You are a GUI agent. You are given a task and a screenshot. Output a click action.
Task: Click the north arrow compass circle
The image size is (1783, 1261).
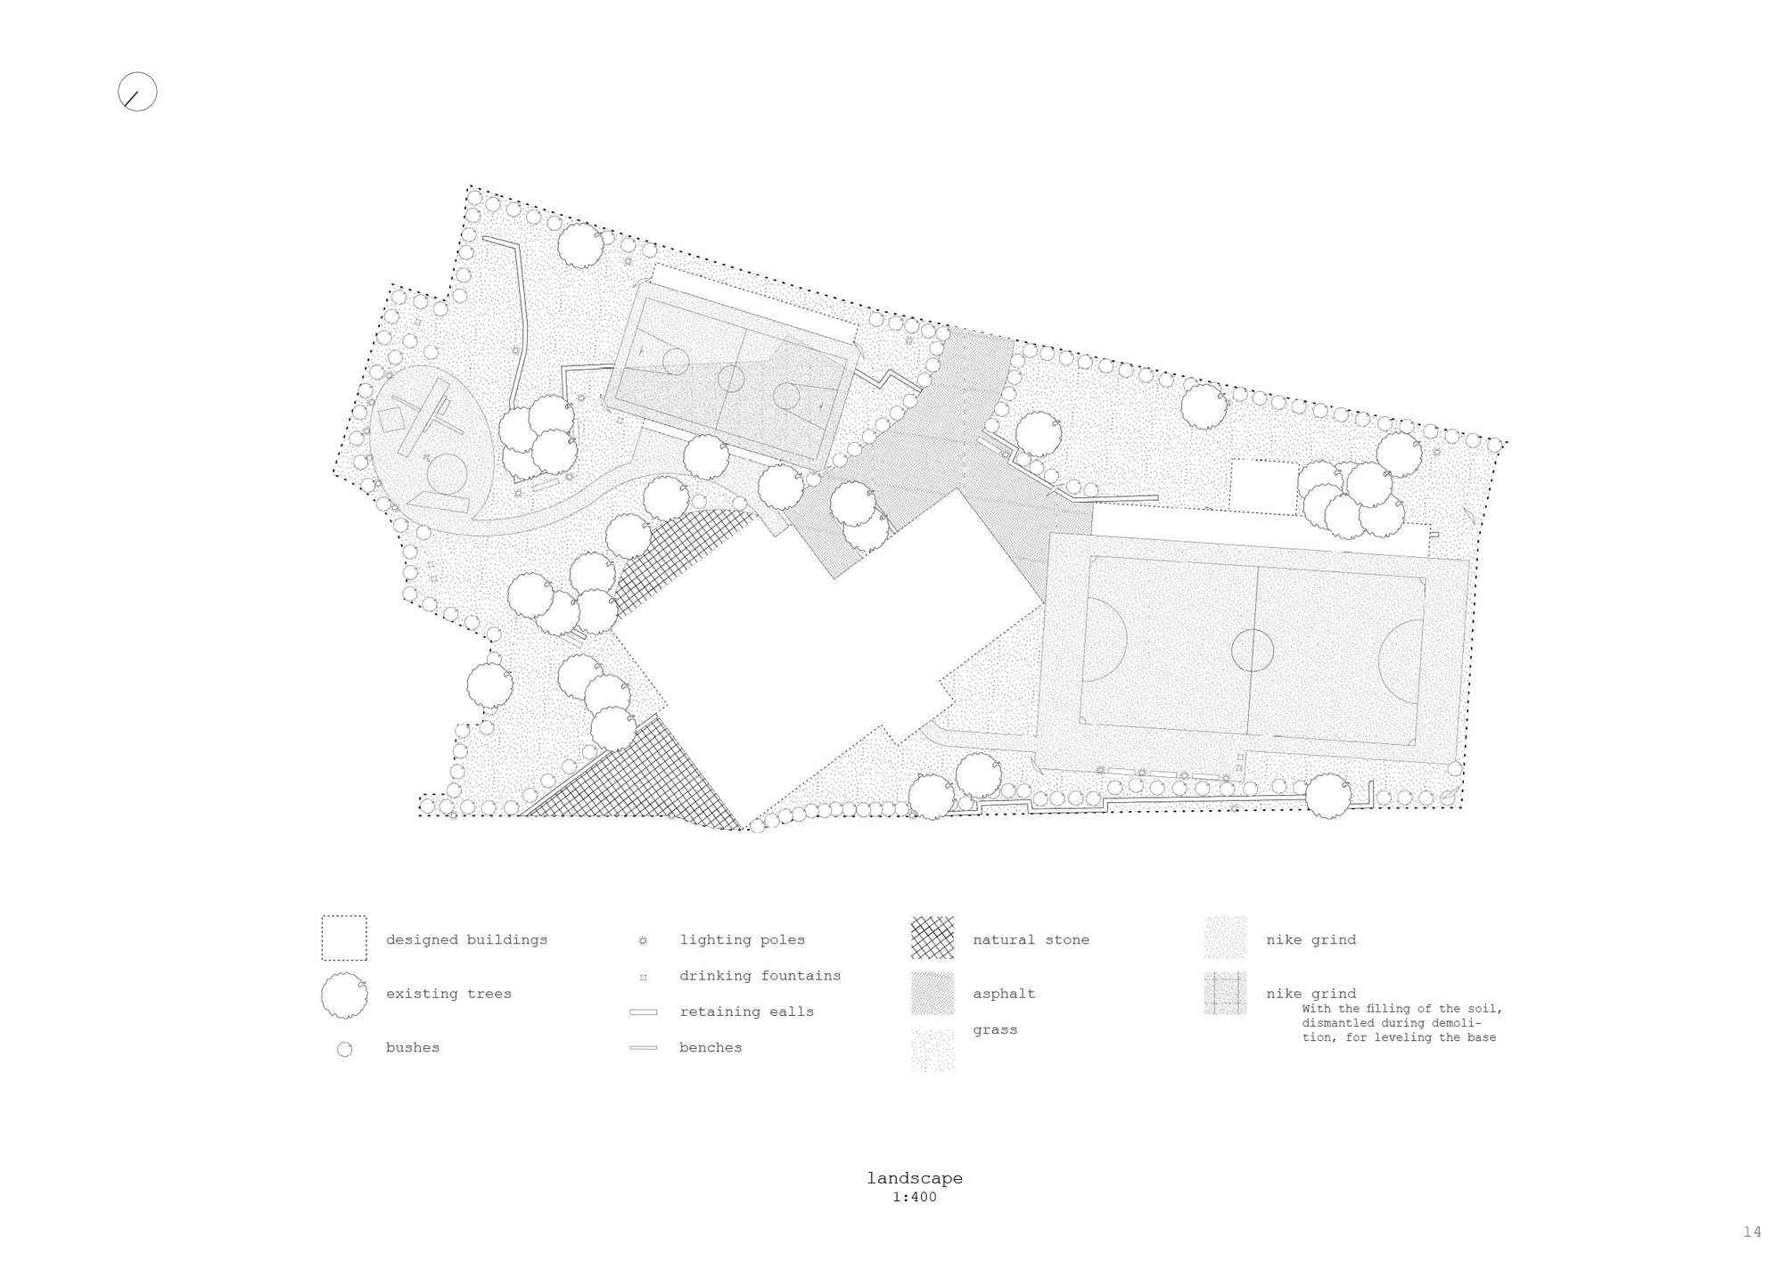pyautogui.click(x=137, y=92)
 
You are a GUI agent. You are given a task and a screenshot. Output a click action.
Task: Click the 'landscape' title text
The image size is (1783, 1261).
pyautogui.click(x=915, y=1178)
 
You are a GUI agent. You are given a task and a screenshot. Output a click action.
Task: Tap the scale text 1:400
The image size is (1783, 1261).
pyautogui.click(x=915, y=1198)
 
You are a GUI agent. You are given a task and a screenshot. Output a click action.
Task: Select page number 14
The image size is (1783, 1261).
pyautogui.click(x=1752, y=1232)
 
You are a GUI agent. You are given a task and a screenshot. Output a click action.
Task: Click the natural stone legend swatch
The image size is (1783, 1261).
pyautogui.click(x=932, y=938)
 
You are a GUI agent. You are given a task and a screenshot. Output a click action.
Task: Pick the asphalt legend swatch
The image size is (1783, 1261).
pyautogui.click(x=932, y=993)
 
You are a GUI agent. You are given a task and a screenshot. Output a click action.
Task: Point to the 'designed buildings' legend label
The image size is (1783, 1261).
pyautogui.click(x=466, y=939)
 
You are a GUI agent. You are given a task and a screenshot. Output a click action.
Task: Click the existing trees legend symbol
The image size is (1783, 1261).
pyautogui.click(x=344, y=995)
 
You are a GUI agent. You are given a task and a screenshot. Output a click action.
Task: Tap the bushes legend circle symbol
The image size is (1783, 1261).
pyautogui.click(x=344, y=1049)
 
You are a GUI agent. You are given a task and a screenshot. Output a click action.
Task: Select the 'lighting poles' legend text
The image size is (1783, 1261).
pyautogui.click(x=742, y=939)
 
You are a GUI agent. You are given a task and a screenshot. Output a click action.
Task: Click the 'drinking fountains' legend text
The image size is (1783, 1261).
pyautogui.click(x=760, y=976)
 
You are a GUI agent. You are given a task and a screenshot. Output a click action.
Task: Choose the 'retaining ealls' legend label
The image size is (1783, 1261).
pyautogui.click(x=746, y=1011)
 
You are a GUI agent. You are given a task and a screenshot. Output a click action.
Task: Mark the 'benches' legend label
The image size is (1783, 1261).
pyautogui.click(x=711, y=1047)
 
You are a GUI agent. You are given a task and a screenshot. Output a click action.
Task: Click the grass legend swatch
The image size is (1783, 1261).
pyautogui.click(x=932, y=1050)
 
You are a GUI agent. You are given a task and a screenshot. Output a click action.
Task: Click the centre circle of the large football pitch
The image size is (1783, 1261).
pyautogui.click(x=1253, y=650)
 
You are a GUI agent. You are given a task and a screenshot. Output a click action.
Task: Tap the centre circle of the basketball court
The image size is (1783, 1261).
pyautogui.click(x=731, y=378)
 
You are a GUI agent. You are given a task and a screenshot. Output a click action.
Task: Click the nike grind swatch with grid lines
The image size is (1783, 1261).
pyautogui.click(x=1225, y=994)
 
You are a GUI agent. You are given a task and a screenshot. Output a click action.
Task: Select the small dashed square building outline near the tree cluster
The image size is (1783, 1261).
pyautogui.click(x=1263, y=487)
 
